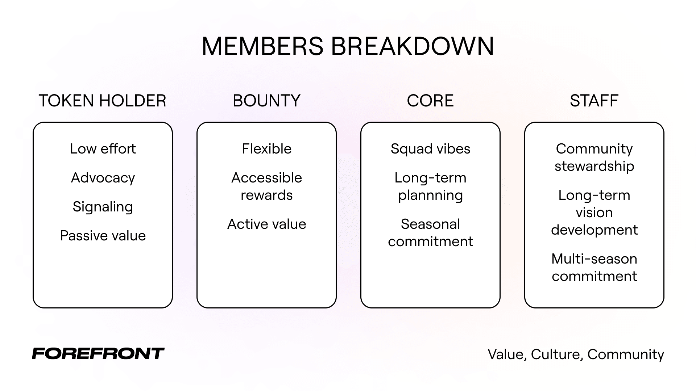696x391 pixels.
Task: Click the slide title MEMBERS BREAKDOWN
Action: tap(348, 46)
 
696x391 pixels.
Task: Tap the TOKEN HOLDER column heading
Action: tap(103, 101)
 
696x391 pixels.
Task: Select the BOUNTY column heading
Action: tap(266, 101)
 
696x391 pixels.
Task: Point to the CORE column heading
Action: tap(430, 101)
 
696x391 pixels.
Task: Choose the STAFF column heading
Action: tap(594, 101)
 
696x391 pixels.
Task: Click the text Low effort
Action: tap(103, 149)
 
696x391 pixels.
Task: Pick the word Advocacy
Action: tap(103, 178)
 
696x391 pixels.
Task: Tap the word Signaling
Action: tap(103, 207)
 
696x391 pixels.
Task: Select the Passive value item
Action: tap(103, 236)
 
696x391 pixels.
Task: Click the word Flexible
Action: tap(266, 149)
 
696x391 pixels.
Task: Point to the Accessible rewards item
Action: tap(266, 186)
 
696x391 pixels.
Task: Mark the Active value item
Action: tap(266, 224)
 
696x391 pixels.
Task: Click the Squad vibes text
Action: tap(430, 149)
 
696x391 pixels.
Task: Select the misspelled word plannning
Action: tap(430, 195)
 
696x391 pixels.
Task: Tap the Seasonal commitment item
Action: tap(430, 233)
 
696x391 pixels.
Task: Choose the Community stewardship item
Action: tap(594, 157)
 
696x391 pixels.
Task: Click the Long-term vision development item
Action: tap(594, 213)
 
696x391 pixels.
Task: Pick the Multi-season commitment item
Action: tap(594, 268)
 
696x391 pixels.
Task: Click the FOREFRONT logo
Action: tap(98, 353)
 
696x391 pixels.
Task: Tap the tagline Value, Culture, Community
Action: tap(576, 354)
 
